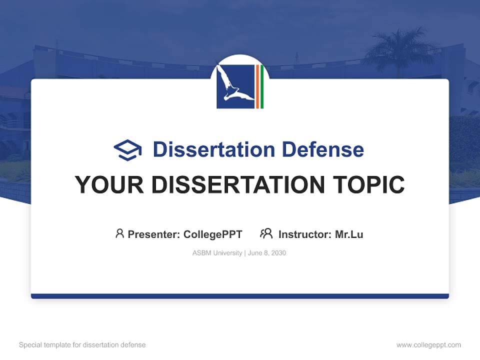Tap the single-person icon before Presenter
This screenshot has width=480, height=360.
(119, 233)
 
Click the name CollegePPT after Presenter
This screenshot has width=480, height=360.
(213, 234)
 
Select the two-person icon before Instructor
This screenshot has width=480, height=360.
(266, 233)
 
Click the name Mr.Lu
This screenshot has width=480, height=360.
(349, 234)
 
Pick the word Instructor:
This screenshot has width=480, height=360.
(305, 234)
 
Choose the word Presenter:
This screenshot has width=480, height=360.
(154, 234)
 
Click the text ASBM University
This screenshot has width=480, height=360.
(217, 253)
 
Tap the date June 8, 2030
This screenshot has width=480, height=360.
(267, 253)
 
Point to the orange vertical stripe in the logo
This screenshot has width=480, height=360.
(257, 86)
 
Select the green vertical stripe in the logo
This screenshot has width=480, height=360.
(261, 86)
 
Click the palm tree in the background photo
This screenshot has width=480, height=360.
(395, 50)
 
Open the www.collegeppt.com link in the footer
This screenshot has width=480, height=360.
(428, 345)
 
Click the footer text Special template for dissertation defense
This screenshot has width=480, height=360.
(82, 345)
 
